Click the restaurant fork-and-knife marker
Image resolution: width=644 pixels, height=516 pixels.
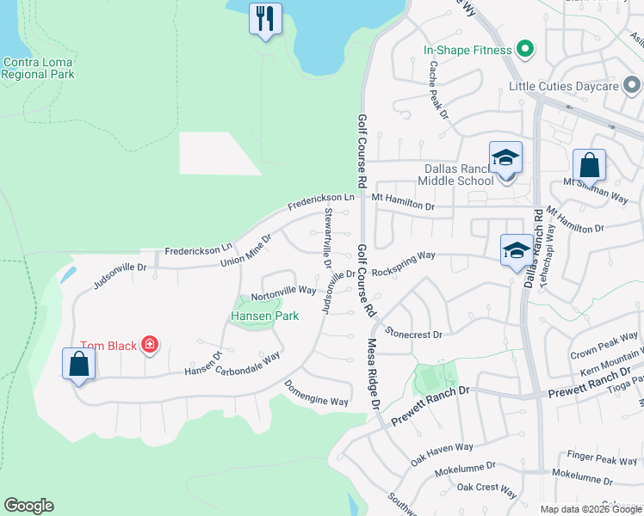[x=265, y=18]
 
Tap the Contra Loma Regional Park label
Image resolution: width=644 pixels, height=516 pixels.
[x=38, y=68]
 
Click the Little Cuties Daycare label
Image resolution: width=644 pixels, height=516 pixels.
[x=564, y=86]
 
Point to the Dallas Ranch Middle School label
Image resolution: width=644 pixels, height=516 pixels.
[x=455, y=175]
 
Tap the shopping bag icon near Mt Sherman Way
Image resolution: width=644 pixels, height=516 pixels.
[x=589, y=163]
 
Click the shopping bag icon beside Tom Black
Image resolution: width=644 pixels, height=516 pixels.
[x=78, y=363]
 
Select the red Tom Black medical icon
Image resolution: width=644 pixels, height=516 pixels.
[x=150, y=346]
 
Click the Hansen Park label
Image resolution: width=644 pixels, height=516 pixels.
[x=264, y=316]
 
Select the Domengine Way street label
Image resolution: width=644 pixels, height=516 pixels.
[x=316, y=392]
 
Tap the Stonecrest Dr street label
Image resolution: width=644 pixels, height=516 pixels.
[x=413, y=333]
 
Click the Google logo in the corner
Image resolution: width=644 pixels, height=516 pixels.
[x=28, y=506]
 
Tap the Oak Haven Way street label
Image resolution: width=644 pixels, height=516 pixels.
[x=442, y=453]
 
